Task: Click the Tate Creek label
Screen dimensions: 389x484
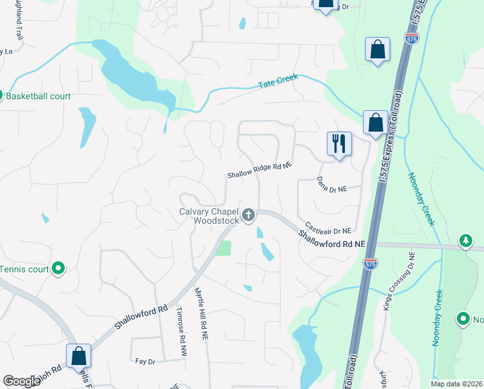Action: pyautogui.click(x=278, y=82)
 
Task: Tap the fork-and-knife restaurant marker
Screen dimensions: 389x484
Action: pyautogui.click(x=339, y=143)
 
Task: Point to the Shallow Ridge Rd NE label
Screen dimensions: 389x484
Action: pyautogui.click(x=259, y=171)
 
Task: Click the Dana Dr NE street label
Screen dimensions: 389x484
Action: pyautogui.click(x=332, y=184)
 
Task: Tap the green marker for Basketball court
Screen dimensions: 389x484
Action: pyautogui.click(x=1, y=96)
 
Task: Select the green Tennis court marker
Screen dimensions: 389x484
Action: pyautogui.click(x=58, y=268)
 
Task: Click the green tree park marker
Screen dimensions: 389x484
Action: pyautogui.click(x=465, y=242)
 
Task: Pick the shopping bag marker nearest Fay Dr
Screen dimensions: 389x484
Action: pyautogui.click(x=78, y=355)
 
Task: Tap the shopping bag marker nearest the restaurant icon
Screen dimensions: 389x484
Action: pyautogui.click(x=375, y=122)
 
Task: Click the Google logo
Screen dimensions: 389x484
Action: pyautogui.click(x=21, y=381)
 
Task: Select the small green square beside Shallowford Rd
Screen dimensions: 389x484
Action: pyautogui.click(x=223, y=248)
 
